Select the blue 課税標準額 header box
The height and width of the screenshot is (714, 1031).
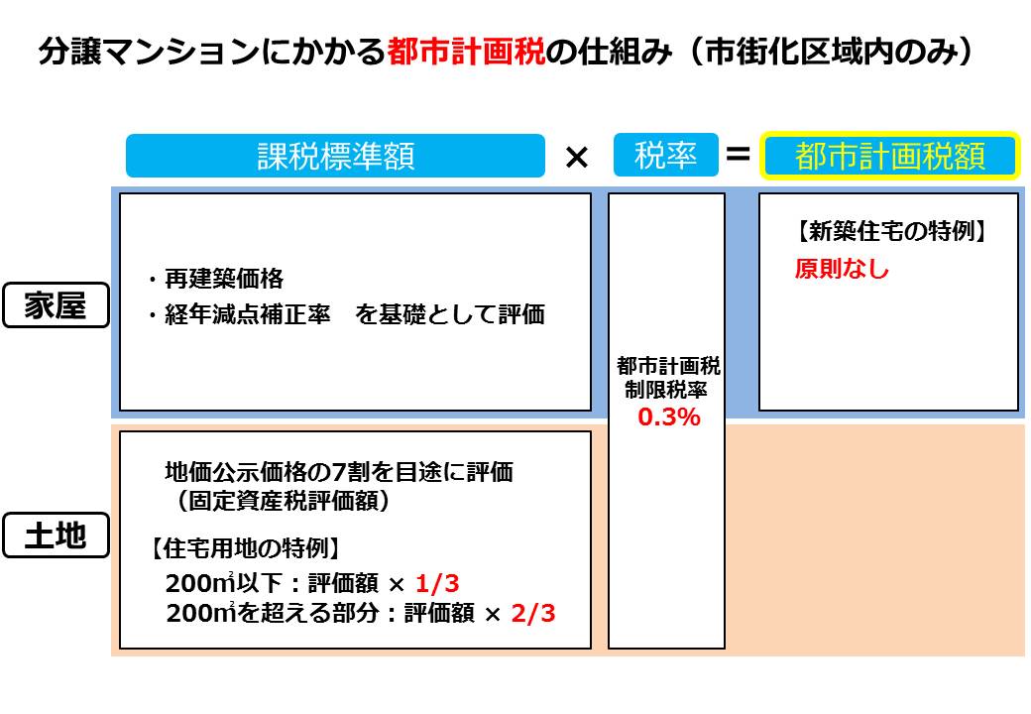click(335, 156)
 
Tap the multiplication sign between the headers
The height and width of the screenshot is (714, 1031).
click(577, 156)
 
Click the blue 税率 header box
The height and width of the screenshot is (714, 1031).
click(665, 155)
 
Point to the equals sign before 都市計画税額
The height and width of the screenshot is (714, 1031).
click(738, 155)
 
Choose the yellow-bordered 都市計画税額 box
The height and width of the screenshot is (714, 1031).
click(890, 156)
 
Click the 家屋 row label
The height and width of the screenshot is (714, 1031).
click(56, 306)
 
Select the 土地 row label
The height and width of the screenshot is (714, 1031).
click(56, 536)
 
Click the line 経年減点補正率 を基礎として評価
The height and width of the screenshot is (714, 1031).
click(346, 315)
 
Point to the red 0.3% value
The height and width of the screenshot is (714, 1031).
click(668, 417)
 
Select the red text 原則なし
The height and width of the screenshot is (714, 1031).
click(842, 269)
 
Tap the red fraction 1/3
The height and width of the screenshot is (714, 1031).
click(438, 582)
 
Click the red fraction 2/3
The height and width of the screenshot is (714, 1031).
click(532, 614)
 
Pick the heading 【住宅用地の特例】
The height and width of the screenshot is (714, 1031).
click(245, 547)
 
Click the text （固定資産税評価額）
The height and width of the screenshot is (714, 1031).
click(284, 502)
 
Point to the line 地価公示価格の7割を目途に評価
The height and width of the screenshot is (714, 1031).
click(338, 472)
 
